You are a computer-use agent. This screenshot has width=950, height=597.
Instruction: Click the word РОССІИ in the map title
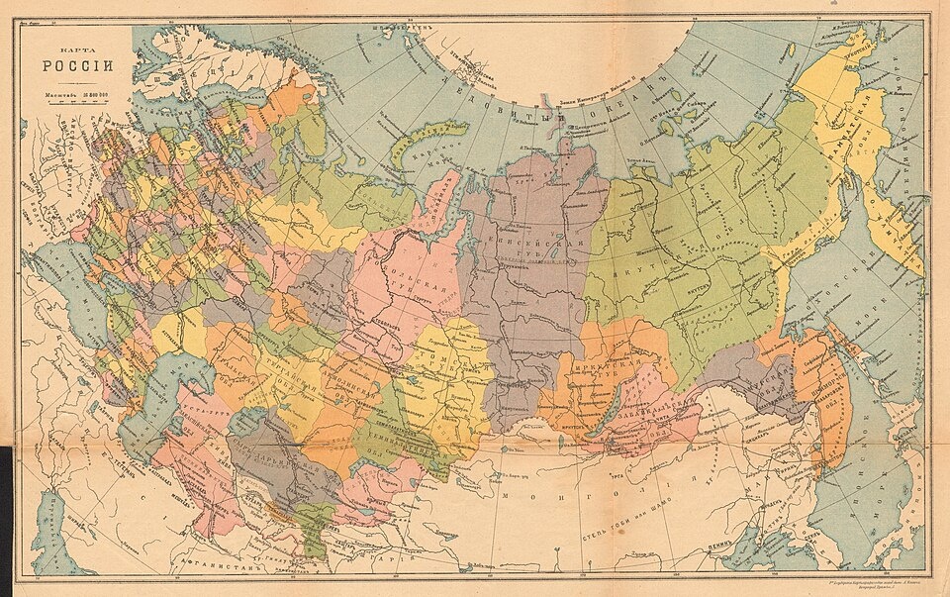point(77,67)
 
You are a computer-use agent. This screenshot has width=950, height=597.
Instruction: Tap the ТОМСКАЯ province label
point(450,366)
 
